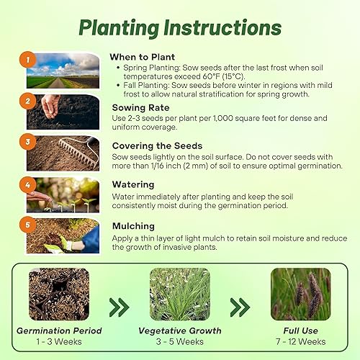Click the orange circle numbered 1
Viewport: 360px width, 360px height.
[26, 60]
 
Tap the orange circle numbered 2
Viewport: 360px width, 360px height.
[26, 102]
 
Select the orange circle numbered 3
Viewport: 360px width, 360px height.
[26, 143]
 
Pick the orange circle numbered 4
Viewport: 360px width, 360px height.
[26, 184]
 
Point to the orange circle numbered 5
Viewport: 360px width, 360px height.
[26, 225]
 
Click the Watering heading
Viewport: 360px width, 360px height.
[135, 184]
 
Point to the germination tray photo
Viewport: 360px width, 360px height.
[60, 294]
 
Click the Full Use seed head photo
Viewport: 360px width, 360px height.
[301, 294]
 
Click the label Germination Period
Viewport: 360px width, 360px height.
[60, 330]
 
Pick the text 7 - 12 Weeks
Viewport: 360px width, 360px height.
[301, 341]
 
